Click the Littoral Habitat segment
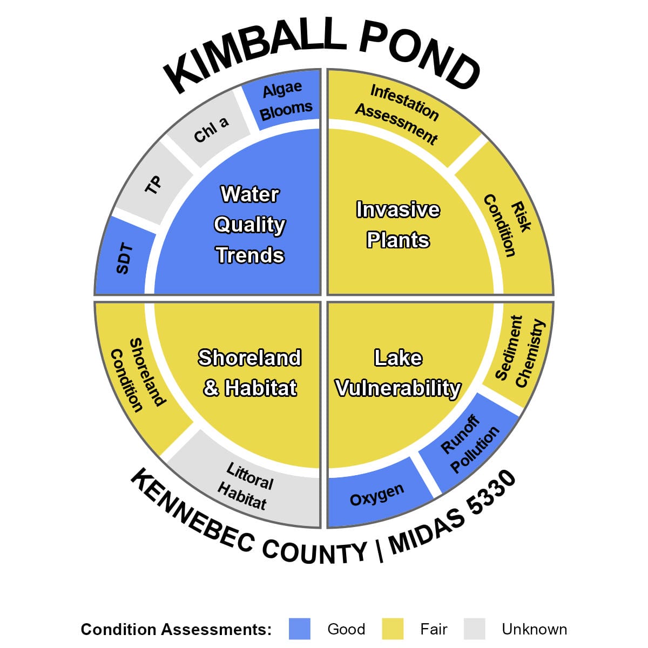tap(246, 486)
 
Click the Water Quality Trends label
tap(249, 225)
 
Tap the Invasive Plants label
tap(398, 225)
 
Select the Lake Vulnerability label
tap(398, 373)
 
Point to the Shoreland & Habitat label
tap(249, 373)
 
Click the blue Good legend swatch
tap(300, 629)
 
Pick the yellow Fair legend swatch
tap(393, 629)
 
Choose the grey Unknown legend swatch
tap(474, 629)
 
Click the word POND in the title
tap(416, 54)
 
